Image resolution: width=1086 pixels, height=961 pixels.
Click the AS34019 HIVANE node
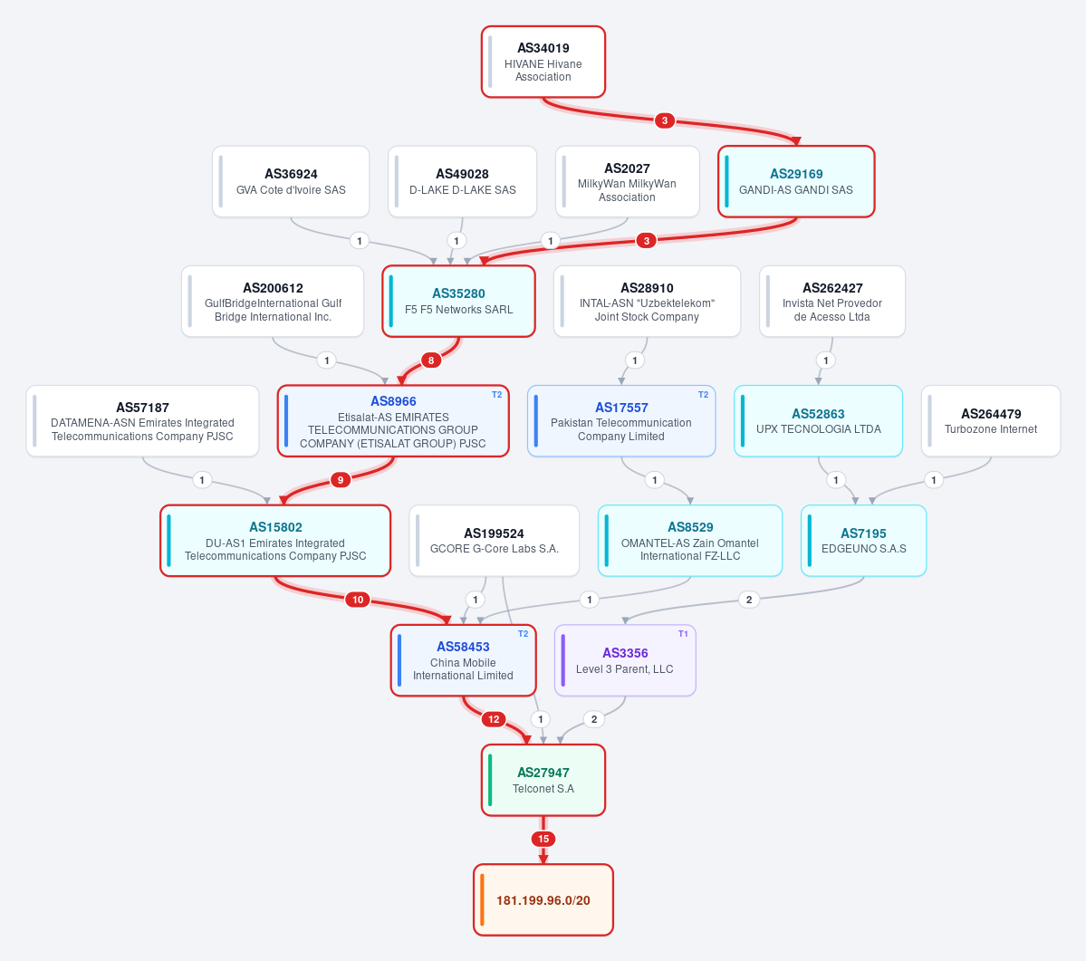pos(543,62)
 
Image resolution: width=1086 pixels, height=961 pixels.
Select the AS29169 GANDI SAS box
pos(796,181)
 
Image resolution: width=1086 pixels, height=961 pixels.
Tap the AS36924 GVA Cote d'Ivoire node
pos(291,181)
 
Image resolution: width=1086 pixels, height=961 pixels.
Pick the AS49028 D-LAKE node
pos(462,181)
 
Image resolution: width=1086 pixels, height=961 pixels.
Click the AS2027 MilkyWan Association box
pos(627,181)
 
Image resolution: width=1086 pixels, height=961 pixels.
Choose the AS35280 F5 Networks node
pos(458,302)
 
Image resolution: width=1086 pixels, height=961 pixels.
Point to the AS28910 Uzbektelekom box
pos(647,302)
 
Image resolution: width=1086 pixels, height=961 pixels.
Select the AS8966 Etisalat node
pos(393,421)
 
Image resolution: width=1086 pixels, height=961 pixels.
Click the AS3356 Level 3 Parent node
pos(625,660)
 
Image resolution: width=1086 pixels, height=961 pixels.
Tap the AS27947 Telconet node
pos(543,780)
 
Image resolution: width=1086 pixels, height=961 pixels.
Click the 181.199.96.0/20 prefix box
pos(543,900)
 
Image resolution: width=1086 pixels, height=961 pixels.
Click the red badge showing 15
pos(543,839)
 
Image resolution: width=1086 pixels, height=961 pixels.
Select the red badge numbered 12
pos(494,719)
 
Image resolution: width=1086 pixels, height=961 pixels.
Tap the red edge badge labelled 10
pos(358,600)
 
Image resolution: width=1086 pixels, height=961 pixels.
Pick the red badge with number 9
pos(340,480)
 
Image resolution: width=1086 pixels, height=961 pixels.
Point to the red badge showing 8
pos(431,360)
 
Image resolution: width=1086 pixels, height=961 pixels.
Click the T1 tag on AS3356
pos(683,633)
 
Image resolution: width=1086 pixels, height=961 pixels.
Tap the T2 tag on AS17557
pos(703,395)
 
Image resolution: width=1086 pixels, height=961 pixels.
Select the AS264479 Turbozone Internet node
pos(990,421)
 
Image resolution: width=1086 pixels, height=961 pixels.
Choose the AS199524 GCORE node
pos(494,541)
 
